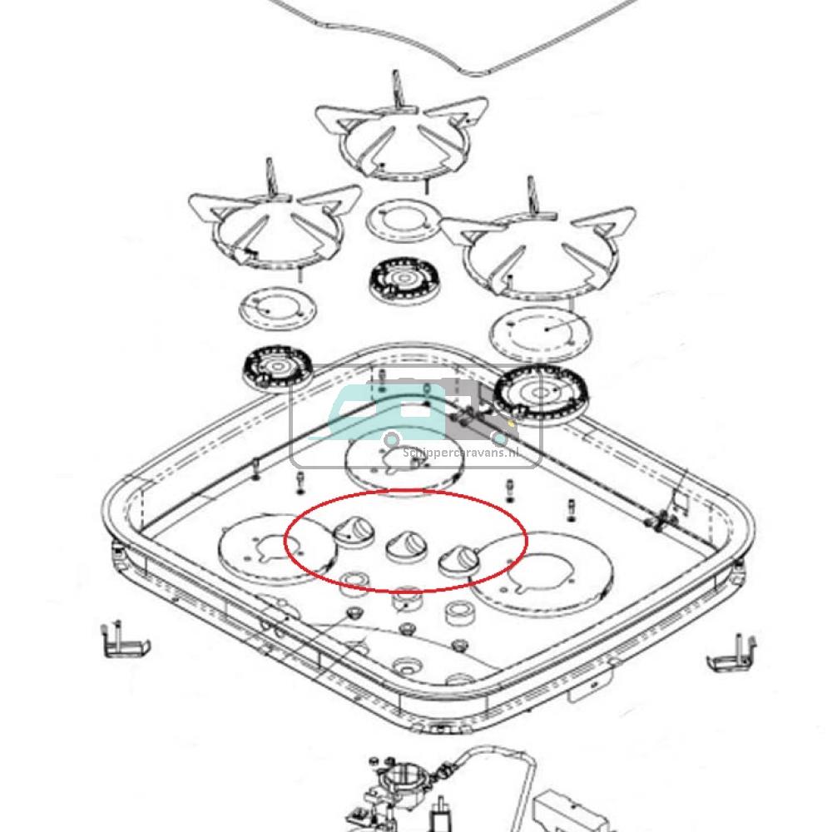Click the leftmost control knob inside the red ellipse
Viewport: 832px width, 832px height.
[356, 530]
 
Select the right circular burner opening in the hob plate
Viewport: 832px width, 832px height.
[546, 571]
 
